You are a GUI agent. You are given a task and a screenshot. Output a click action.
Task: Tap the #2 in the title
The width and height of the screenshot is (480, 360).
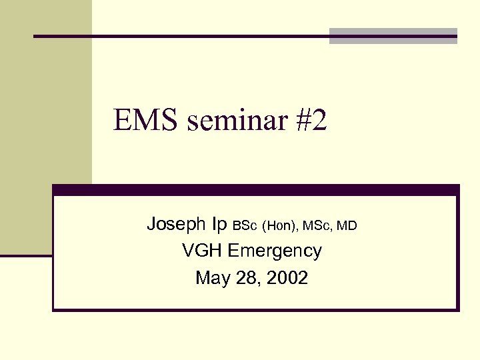[x=308, y=121]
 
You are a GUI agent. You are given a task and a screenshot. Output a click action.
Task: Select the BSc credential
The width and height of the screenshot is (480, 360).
[x=244, y=226]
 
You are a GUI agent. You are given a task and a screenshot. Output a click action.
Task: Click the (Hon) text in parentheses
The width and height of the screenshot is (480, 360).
[x=280, y=226]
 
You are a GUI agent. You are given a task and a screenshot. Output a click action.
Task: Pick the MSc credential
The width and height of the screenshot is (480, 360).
[x=317, y=226]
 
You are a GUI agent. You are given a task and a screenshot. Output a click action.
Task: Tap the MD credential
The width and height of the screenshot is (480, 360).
[x=347, y=226]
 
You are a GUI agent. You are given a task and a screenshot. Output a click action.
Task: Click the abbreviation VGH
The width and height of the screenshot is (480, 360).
[x=202, y=251]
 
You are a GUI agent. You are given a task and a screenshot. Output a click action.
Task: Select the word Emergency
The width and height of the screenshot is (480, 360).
[x=275, y=251]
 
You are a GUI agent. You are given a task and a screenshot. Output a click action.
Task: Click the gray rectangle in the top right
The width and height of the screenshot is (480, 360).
[x=393, y=36]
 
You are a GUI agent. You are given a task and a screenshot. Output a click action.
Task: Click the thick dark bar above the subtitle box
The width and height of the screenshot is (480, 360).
[x=256, y=190]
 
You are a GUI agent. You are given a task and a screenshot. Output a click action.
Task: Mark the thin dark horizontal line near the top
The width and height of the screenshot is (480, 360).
[x=180, y=36]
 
